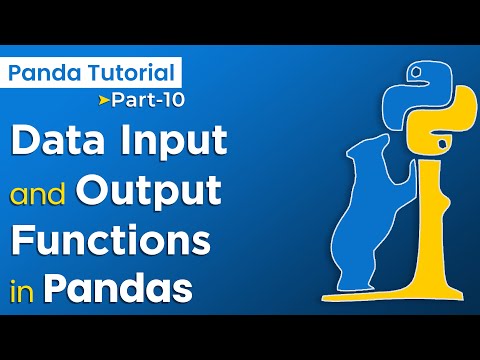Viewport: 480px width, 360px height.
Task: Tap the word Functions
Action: coord(110,241)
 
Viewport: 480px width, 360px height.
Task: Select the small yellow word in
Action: coord(21,291)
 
